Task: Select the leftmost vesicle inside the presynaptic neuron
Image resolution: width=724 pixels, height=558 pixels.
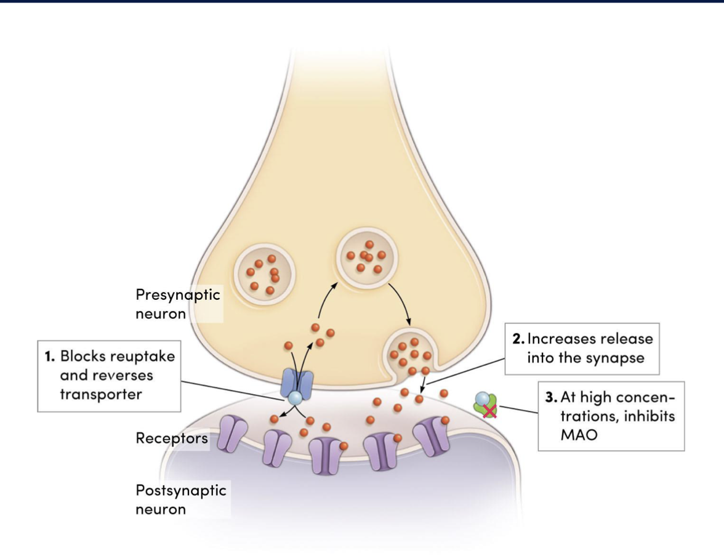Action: [263, 272]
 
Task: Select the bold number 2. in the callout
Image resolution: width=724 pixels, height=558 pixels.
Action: [518, 339]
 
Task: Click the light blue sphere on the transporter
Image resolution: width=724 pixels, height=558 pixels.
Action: [296, 398]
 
